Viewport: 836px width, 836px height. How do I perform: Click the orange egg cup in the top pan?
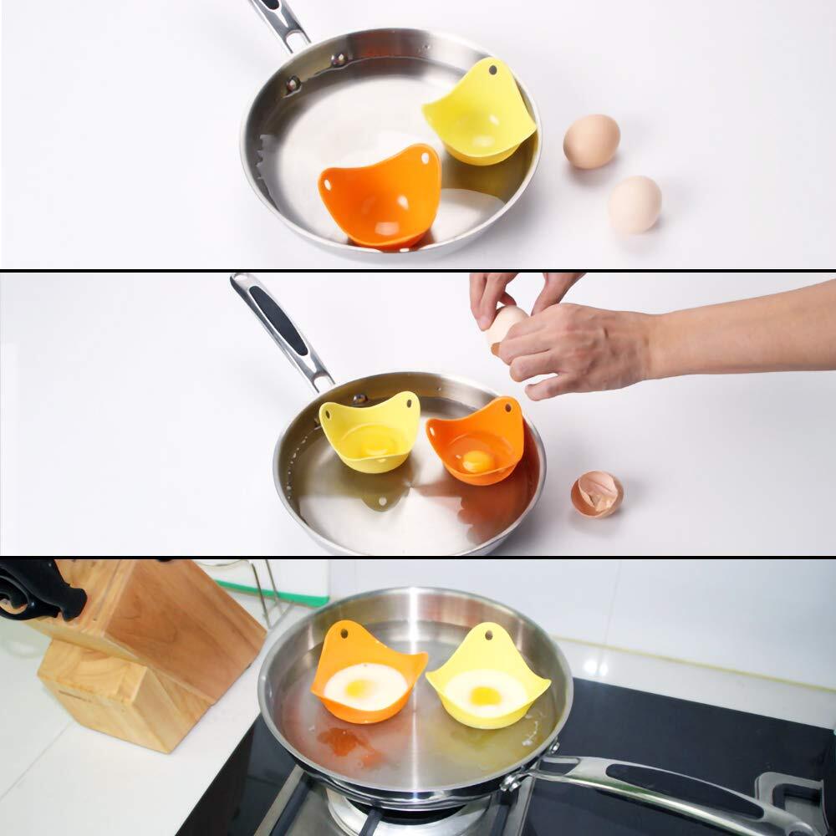pos(380,196)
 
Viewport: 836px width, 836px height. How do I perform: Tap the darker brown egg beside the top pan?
pos(591,141)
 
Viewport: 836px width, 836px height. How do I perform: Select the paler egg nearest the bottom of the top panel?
pos(635,204)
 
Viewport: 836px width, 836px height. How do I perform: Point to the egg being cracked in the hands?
pos(506,326)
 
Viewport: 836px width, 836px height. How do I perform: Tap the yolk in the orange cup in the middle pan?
pos(477,460)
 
